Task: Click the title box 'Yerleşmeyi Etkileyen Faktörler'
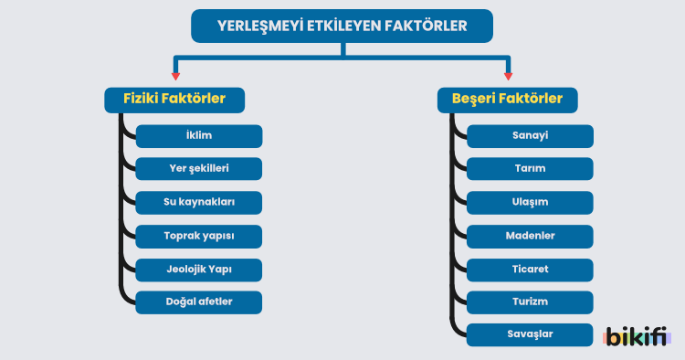click(342, 26)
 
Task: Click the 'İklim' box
click(199, 136)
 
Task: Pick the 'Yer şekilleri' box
click(199, 169)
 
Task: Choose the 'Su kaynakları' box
click(199, 203)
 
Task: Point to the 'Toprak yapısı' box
click(199, 236)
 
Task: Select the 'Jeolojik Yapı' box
click(199, 270)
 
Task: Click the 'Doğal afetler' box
click(199, 302)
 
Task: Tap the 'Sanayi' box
click(530, 136)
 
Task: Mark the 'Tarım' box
click(530, 169)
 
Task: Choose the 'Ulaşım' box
click(530, 203)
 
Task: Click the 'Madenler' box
click(530, 236)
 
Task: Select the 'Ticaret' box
click(530, 270)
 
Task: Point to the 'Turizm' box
click(530, 302)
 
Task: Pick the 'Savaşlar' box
click(530, 334)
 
